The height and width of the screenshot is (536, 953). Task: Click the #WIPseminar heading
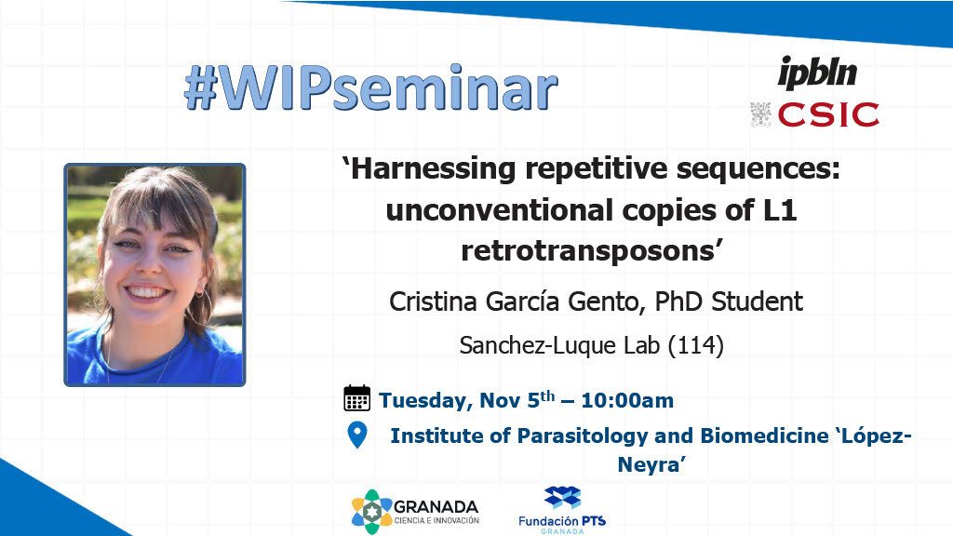click(x=370, y=88)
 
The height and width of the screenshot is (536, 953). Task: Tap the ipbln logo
click(x=817, y=73)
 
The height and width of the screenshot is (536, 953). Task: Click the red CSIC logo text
click(x=828, y=114)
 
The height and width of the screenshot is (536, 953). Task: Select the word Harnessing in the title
click(x=434, y=169)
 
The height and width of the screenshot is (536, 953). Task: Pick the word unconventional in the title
click(x=500, y=210)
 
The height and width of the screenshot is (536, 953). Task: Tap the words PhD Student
click(x=729, y=301)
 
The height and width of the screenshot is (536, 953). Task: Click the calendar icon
click(x=356, y=398)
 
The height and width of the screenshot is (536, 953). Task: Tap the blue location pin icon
click(x=357, y=435)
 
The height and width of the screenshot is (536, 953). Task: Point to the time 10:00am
click(x=627, y=400)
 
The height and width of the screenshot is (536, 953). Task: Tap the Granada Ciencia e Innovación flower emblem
click(x=371, y=512)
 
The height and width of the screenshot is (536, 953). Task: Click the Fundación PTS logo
click(x=562, y=510)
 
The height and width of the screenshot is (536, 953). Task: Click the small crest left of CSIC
click(x=761, y=114)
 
